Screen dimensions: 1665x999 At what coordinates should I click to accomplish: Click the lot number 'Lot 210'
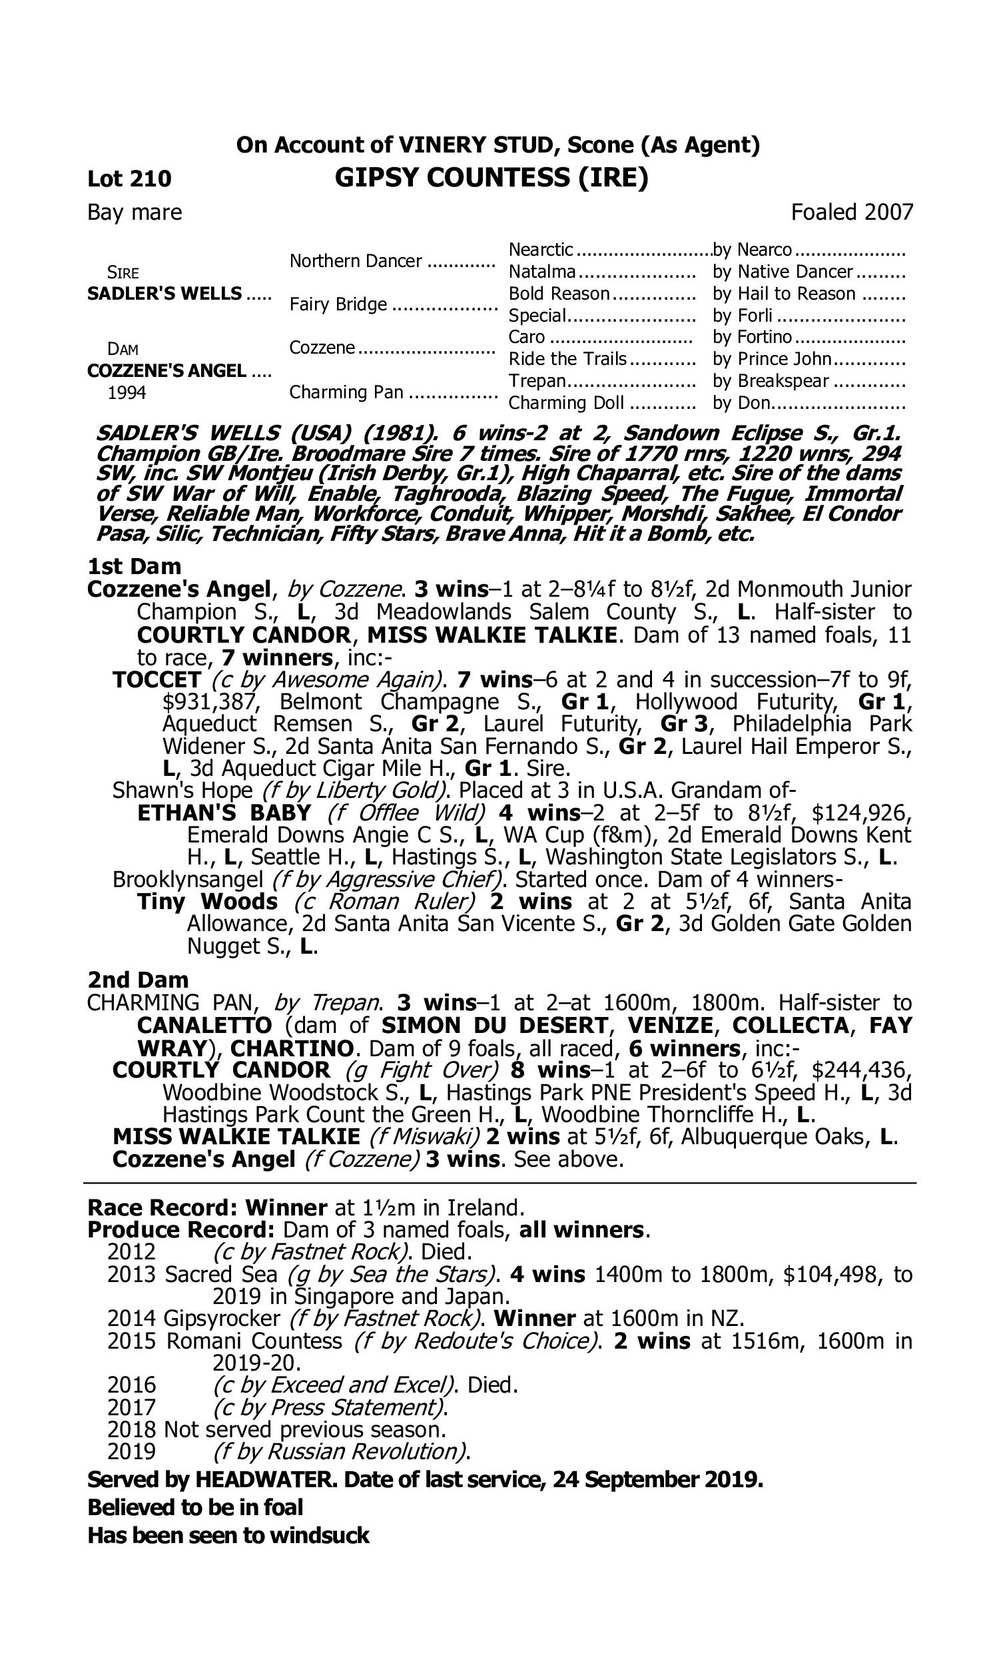pyautogui.click(x=129, y=179)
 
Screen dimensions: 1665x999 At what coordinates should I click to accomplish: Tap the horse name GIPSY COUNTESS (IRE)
pyautogui.click(x=491, y=178)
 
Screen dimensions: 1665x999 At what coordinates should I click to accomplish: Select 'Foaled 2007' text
pyautogui.click(x=852, y=212)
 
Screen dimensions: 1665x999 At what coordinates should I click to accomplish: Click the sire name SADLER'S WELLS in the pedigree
pyautogui.click(x=165, y=294)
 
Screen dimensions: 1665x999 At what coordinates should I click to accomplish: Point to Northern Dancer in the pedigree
pyautogui.click(x=356, y=261)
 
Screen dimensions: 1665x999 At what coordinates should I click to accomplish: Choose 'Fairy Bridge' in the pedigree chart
pyautogui.click(x=338, y=305)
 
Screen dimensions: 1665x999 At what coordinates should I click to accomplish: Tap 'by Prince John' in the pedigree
pyautogui.click(x=772, y=360)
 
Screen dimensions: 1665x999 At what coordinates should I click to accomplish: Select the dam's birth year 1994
pyautogui.click(x=127, y=393)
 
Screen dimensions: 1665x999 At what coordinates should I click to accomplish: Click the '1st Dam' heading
pyautogui.click(x=135, y=567)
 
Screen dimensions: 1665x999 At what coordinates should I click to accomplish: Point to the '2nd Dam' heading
pyautogui.click(x=138, y=980)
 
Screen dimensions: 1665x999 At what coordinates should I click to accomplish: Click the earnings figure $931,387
pyautogui.click(x=210, y=702)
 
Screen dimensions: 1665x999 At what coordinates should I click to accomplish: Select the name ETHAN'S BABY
pyautogui.click(x=224, y=813)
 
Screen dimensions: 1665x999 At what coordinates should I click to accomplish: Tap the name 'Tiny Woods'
pyautogui.click(x=207, y=902)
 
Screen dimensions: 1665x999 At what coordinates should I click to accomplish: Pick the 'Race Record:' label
pyautogui.click(x=164, y=1207)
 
